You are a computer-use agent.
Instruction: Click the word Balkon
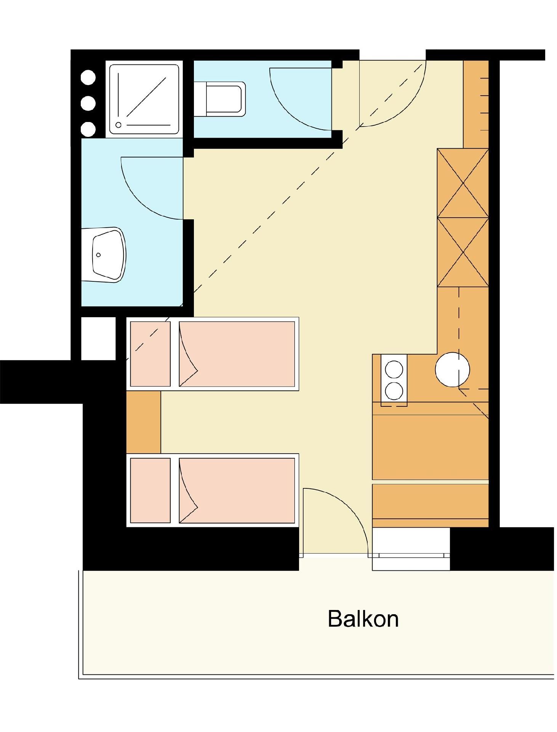[x=363, y=619]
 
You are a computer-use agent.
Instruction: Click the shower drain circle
[x=118, y=125]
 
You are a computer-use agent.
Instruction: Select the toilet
[x=219, y=99]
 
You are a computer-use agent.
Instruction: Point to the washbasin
[x=103, y=255]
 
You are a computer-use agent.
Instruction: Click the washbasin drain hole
[x=98, y=255]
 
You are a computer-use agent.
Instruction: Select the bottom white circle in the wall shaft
[x=88, y=129]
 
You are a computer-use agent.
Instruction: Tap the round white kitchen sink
[x=452, y=369]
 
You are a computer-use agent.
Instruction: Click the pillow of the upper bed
[x=150, y=354]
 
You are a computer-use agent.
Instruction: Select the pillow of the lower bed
[x=150, y=490]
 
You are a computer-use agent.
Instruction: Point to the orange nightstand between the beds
[x=143, y=422]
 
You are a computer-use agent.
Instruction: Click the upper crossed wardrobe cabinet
[x=463, y=183]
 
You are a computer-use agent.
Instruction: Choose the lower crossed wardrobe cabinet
[x=463, y=252]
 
